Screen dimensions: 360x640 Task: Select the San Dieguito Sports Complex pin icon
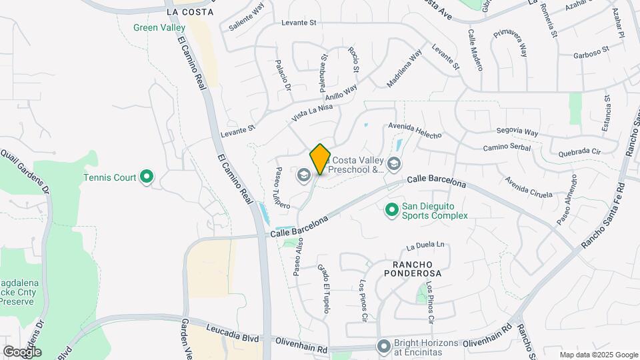(x=392, y=211)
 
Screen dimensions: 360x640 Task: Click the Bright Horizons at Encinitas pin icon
(x=383, y=346)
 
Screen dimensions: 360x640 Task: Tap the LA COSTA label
(x=190, y=12)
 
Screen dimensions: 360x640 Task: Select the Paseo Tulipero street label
(x=282, y=189)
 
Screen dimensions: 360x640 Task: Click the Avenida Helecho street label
(x=415, y=131)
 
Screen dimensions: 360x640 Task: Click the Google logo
(x=22, y=351)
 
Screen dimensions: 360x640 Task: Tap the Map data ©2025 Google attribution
(x=598, y=355)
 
